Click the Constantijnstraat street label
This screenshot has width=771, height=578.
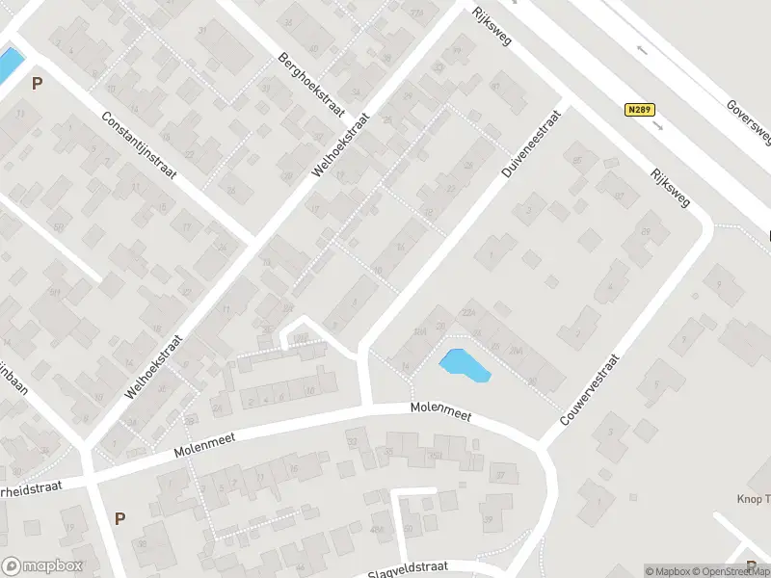(x=140, y=144)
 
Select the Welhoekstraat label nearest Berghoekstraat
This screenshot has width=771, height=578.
(x=342, y=144)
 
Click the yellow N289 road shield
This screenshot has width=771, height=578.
(x=637, y=110)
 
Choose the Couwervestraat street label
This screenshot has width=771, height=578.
(x=588, y=390)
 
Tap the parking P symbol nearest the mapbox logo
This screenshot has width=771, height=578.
(x=120, y=518)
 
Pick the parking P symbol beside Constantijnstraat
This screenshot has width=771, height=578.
(x=37, y=84)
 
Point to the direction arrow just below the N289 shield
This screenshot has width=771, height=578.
(x=658, y=124)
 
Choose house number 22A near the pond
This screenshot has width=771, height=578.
(x=470, y=310)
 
